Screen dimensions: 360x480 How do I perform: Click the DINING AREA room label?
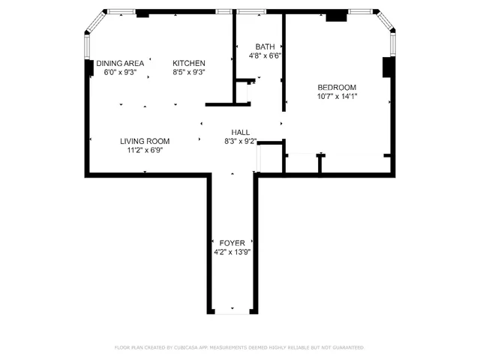(x=119, y=63)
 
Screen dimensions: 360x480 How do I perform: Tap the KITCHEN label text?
(x=189, y=63)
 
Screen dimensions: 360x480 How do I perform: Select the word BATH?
(x=265, y=46)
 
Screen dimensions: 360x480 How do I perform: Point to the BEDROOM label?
(x=337, y=87)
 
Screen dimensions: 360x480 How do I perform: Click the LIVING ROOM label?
(x=145, y=141)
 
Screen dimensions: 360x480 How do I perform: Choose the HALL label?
(x=241, y=132)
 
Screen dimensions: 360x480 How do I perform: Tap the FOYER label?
(x=232, y=243)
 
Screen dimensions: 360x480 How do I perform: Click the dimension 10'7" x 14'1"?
(x=337, y=96)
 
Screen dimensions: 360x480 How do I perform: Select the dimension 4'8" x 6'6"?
(x=265, y=55)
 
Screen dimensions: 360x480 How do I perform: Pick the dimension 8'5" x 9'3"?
(x=189, y=72)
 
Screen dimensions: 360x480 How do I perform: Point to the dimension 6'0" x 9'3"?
(x=119, y=72)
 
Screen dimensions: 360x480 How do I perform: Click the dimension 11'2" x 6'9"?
(x=145, y=150)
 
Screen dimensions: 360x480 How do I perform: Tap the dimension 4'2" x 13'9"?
(x=232, y=252)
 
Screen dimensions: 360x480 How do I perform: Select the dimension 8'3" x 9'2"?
(x=241, y=141)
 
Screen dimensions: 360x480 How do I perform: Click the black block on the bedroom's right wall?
(x=388, y=67)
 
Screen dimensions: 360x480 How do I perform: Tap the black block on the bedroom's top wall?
(x=337, y=15)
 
